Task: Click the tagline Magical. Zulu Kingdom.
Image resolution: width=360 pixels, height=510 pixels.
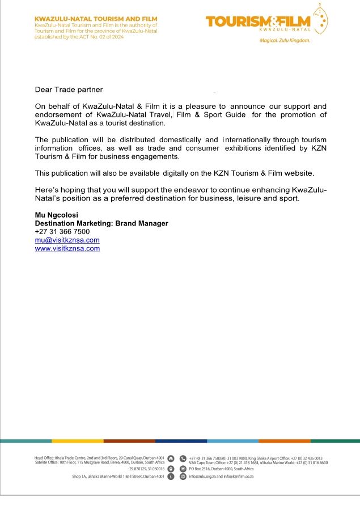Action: pos(285,41)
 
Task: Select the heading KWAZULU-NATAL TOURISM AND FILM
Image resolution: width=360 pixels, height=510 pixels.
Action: pos(87,19)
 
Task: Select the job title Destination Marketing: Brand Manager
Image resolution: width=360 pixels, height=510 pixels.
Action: pos(101,223)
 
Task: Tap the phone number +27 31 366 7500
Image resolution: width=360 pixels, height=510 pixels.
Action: pos(62,232)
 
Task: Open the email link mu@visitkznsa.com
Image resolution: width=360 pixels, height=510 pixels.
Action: pos(67,240)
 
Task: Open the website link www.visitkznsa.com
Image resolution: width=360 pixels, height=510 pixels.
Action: pos(67,248)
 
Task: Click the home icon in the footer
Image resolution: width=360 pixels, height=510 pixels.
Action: pos(171,458)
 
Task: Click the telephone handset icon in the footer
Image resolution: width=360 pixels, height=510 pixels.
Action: pos(183,458)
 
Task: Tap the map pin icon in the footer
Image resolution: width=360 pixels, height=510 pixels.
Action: pos(171,469)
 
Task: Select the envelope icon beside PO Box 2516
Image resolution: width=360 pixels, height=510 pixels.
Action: pos(183,469)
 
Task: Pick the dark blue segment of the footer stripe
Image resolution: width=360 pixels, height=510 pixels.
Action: pos(181,440)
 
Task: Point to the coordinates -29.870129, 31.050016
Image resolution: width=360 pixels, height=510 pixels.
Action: pos(146,469)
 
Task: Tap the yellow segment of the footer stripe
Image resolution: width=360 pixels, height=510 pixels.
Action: pos(78,440)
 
